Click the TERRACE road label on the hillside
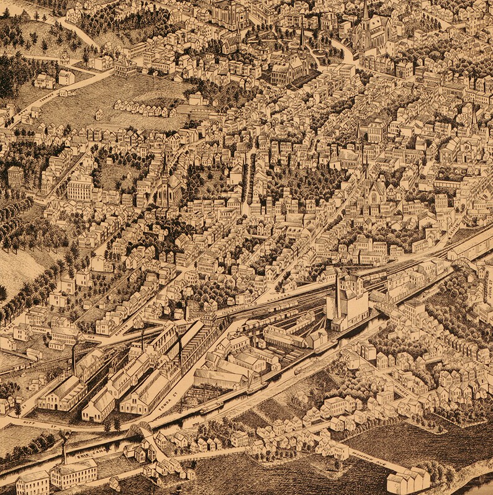tap(47, 98)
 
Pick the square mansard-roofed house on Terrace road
tap(124, 66)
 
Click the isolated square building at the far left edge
tap(16, 176)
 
